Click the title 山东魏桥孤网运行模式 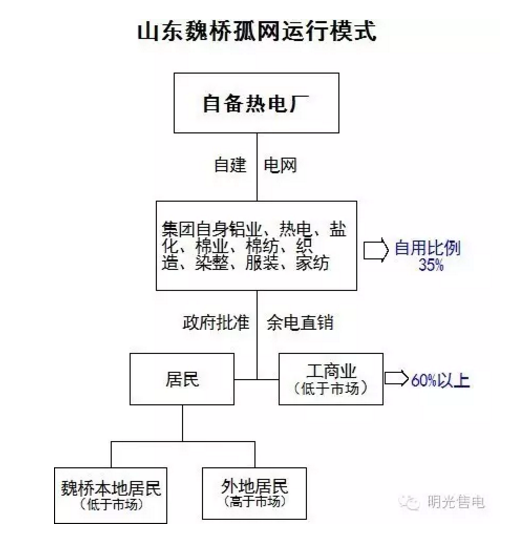(x=257, y=31)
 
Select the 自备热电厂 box (x=257, y=103)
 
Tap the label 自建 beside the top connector (x=230, y=165)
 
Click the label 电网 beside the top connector (x=280, y=165)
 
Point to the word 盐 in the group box (x=337, y=229)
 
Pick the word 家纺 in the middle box (x=312, y=263)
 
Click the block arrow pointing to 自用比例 (x=376, y=249)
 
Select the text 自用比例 (x=427, y=247)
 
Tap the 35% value (x=430, y=264)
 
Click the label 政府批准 (x=216, y=323)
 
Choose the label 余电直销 (x=300, y=323)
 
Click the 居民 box (x=182, y=379)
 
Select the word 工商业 (x=331, y=371)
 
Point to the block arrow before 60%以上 (x=397, y=378)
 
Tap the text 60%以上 (x=440, y=380)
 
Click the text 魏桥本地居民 (x=111, y=488)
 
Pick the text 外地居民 (x=254, y=486)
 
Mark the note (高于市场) (x=254, y=501)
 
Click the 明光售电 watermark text (x=456, y=501)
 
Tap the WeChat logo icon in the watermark (x=409, y=502)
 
